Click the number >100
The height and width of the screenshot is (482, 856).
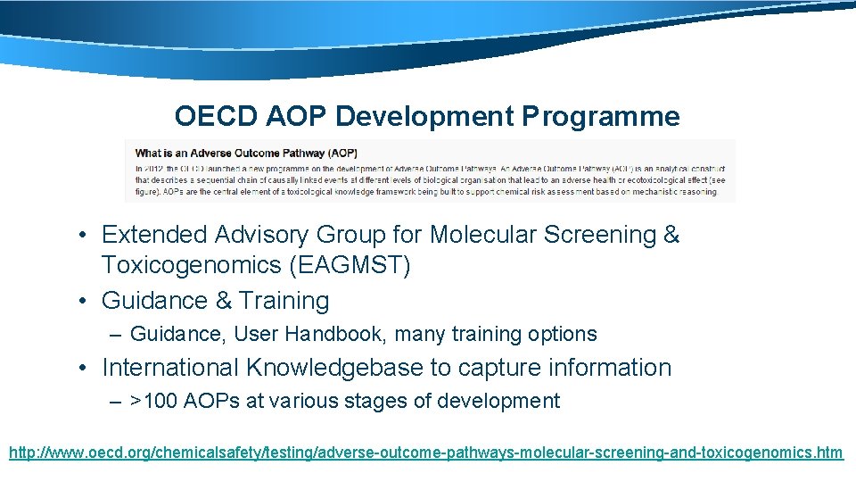pos(153,402)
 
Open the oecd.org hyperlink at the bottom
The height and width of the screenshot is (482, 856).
pos(425,453)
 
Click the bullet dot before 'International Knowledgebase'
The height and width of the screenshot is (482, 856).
pos(82,368)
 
